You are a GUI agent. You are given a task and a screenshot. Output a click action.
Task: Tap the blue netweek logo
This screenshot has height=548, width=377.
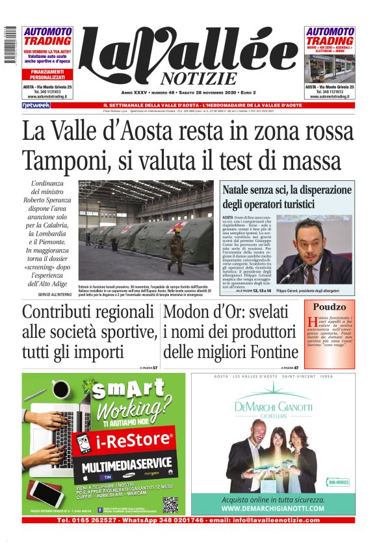(x=36, y=105)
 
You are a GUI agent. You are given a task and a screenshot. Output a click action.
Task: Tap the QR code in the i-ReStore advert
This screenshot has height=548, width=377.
(x=170, y=504)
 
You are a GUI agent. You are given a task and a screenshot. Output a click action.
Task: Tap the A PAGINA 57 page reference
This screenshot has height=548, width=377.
(x=149, y=368)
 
